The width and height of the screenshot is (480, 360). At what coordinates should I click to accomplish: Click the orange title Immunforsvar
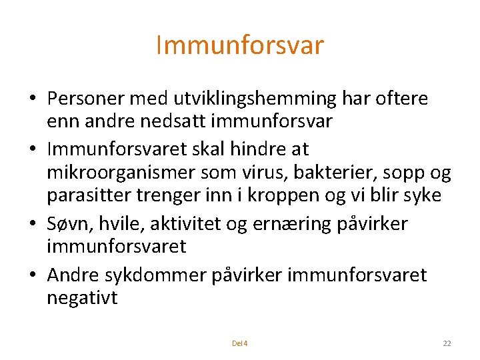(239, 45)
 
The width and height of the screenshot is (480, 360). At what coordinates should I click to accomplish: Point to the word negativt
(82, 299)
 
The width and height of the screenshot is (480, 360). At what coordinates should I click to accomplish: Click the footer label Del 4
(239, 343)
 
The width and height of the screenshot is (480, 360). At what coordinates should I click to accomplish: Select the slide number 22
(447, 343)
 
